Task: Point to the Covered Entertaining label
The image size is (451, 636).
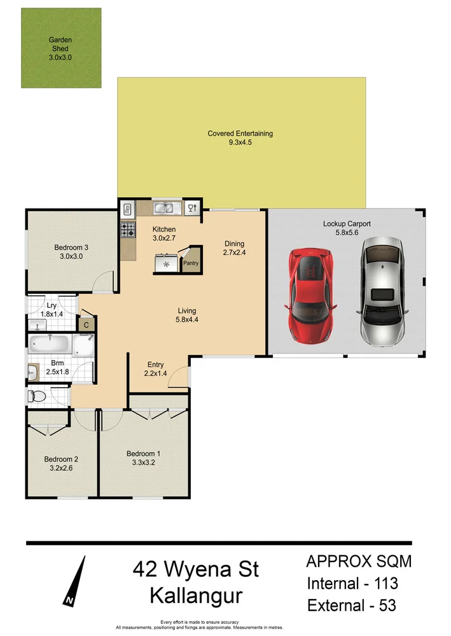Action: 240,134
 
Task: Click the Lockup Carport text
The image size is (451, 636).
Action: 347,224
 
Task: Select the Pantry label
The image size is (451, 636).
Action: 191,262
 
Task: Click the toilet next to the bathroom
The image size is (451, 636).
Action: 38,397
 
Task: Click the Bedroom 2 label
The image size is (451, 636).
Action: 61,459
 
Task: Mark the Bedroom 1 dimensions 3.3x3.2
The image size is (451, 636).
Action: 144,462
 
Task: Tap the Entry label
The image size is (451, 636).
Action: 156,364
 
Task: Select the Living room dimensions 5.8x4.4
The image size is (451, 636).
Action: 186,321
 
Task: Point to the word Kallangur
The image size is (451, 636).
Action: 196,596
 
